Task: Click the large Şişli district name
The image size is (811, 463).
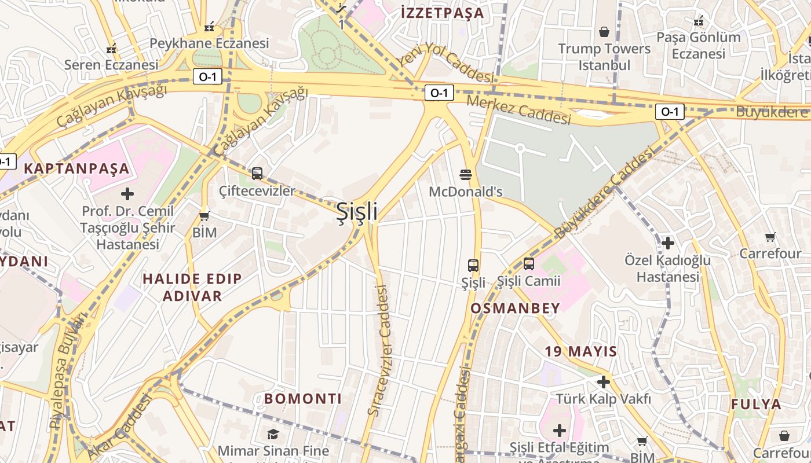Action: (357, 212)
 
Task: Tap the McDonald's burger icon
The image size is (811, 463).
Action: (465, 174)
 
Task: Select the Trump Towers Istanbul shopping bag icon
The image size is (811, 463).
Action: (604, 32)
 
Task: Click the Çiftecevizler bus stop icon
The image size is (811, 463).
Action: (257, 173)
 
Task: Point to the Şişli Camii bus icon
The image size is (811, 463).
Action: (529, 264)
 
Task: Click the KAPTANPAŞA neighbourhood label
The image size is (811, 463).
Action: (76, 169)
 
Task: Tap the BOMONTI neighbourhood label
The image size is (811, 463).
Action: (303, 398)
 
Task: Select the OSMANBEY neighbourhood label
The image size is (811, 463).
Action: (515, 308)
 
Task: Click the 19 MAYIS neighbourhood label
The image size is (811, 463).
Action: (580, 351)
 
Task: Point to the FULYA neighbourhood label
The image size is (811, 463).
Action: (756, 404)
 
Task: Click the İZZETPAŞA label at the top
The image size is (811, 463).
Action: (442, 13)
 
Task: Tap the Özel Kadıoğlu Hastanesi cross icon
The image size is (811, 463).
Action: (667, 243)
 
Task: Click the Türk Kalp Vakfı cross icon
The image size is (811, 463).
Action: (604, 382)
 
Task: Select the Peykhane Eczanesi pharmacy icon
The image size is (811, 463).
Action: (209, 27)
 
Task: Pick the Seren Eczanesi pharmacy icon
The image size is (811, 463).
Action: (111, 49)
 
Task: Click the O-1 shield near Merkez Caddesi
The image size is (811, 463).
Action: (439, 93)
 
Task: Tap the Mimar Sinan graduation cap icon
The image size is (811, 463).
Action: (273, 434)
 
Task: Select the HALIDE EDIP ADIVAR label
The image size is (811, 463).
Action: (192, 287)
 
